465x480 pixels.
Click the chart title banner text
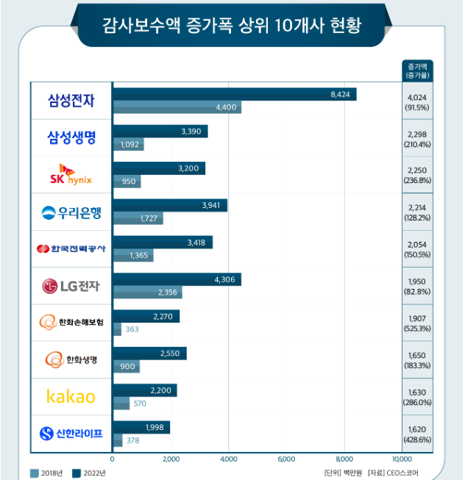click(232, 25)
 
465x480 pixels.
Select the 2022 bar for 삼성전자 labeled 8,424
click(235, 94)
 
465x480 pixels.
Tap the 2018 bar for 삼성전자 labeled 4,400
click(177, 107)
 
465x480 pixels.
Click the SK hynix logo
click(71, 174)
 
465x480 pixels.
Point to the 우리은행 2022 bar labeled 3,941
click(171, 205)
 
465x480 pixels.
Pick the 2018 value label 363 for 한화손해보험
click(132, 329)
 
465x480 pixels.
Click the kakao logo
click(71, 396)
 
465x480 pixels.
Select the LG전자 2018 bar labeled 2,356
click(148, 293)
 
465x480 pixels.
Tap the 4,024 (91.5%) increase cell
click(417, 102)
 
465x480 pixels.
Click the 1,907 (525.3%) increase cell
click(417, 323)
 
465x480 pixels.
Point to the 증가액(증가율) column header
click(417, 71)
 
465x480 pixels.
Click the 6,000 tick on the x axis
click(286, 459)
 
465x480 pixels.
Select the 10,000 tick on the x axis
click(402, 459)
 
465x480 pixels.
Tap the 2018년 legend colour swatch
click(35, 473)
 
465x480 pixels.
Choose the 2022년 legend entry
click(89, 473)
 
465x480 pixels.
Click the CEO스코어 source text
click(402, 473)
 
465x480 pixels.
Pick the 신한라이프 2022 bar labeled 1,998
click(142, 427)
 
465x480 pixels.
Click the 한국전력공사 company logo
click(71, 248)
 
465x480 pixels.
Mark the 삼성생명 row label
click(71, 137)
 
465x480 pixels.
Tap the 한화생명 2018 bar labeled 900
click(127, 366)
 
